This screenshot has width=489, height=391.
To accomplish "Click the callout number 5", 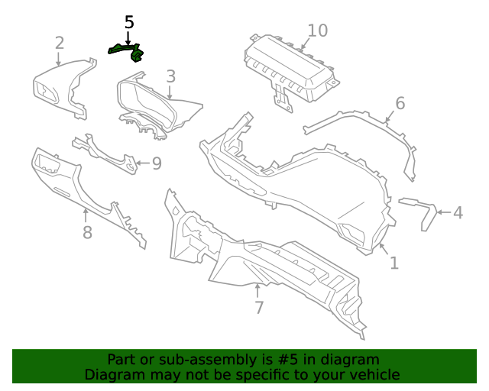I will click(x=129, y=23).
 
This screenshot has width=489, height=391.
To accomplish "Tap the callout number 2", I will click(x=60, y=44).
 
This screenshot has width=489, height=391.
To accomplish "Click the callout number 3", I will click(x=170, y=76).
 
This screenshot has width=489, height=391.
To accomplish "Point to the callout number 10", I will click(x=317, y=31).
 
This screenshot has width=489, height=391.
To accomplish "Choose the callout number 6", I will click(x=400, y=103).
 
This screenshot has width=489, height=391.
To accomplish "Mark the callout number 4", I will click(x=458, y=213).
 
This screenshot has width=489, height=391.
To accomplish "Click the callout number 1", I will click(x=393, y=263).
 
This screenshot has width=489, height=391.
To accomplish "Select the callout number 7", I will click(x=259, y=308).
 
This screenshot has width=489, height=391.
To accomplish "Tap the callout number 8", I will click(x=87, y=232).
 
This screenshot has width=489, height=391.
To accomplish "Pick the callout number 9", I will click(x=156, y=163).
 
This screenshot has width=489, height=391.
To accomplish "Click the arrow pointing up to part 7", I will click(x=258, y=290).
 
